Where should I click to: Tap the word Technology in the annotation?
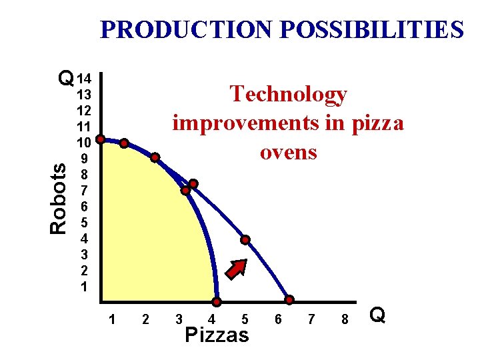point(288,95)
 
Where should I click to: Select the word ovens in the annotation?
point(288,152)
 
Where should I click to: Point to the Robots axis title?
point(59,198)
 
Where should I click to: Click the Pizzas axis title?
point(217,335)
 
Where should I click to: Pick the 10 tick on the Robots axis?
point(84,142)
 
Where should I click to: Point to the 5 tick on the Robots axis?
point(84,222)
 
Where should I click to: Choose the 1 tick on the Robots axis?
point(84,287)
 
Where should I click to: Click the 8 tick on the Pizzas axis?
point(345,319)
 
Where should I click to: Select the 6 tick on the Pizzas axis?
point(278,319)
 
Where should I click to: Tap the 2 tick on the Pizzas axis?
point(145,319)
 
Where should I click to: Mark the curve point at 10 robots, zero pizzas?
point(100,140)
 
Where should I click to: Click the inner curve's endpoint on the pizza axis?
point(217,301)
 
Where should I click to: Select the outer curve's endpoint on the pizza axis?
point(290,301)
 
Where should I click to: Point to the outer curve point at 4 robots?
point(245,239)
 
